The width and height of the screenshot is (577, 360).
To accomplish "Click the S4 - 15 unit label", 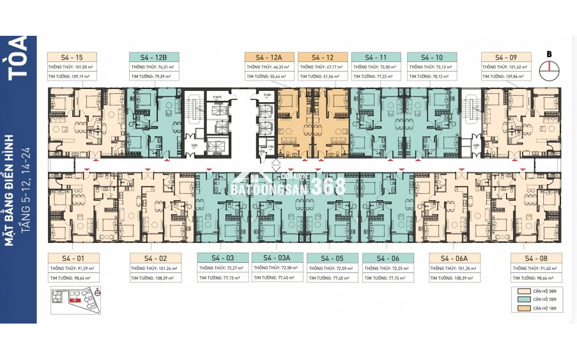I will [73, 56].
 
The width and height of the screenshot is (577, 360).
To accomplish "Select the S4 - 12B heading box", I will [154, 56].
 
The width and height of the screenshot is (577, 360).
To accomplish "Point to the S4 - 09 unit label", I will [505, 56].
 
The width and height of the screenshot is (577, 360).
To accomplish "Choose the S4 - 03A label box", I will [276, 258].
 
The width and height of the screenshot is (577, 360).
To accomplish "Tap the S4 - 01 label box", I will [73, 258].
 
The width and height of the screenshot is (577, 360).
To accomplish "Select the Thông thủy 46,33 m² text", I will [268, 67].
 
